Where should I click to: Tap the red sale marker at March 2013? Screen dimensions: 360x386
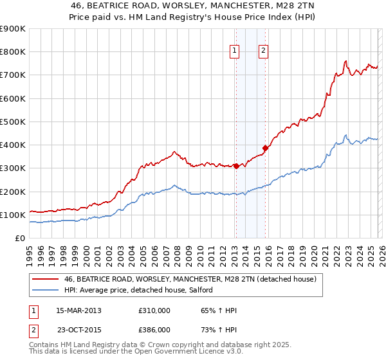click(235, 166)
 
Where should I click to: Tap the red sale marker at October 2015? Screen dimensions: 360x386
click(265, 148)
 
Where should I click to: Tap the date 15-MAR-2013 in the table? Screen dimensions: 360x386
click(78, 310)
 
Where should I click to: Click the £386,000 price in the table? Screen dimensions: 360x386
click(154, 329)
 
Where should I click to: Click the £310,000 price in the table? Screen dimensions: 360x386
click(154, 310)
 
